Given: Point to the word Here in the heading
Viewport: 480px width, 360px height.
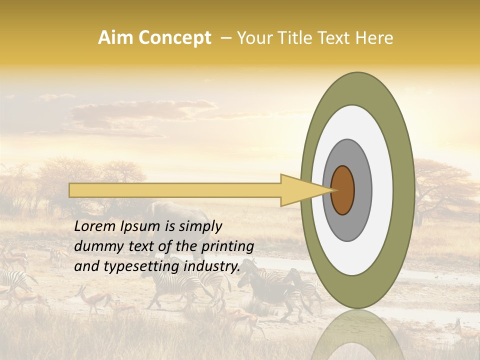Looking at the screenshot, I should [374, 38].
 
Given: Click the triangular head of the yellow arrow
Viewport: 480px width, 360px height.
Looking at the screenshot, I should [300, 190].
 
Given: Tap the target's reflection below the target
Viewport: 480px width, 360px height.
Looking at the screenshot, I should [357, 335].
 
